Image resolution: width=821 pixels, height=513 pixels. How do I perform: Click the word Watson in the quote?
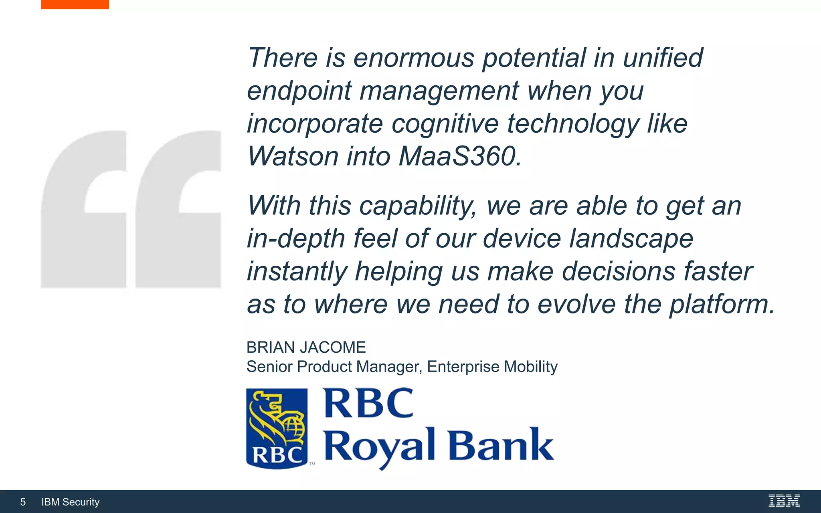coord(293,156)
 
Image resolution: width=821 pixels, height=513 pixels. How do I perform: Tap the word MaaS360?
coord(459,156)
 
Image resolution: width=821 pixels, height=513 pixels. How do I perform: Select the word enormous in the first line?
coord(413,58)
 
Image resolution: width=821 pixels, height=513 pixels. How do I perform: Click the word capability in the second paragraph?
coord(417,206)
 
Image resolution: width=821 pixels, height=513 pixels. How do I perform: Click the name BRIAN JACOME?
coord(306,347)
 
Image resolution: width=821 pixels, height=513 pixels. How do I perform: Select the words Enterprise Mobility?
coord(492,367)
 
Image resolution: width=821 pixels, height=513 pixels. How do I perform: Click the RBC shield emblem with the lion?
coord(277,428)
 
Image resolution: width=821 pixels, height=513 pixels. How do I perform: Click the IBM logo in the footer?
coord(784,501)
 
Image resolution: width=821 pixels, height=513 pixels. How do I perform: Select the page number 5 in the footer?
coord(23,502)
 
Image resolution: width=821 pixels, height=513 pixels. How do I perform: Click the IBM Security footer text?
coord(71,502)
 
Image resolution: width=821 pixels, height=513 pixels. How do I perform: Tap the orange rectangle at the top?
coord(75,4)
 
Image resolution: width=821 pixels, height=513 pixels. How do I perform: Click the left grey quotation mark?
coord(84,208)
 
